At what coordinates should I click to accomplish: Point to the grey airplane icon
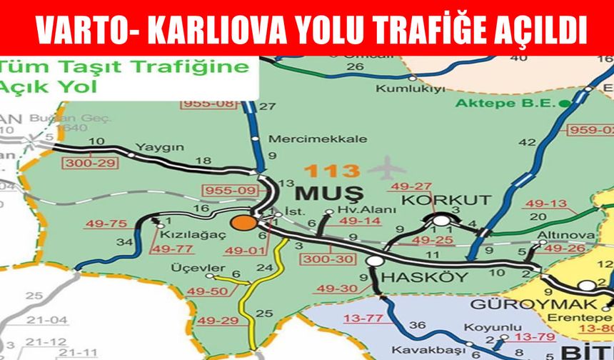tap(385, 169)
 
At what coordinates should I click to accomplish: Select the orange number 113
tap(331, 171)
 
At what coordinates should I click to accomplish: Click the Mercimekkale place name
tap(318, 139)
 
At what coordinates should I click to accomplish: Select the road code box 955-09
tap(224, 191)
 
